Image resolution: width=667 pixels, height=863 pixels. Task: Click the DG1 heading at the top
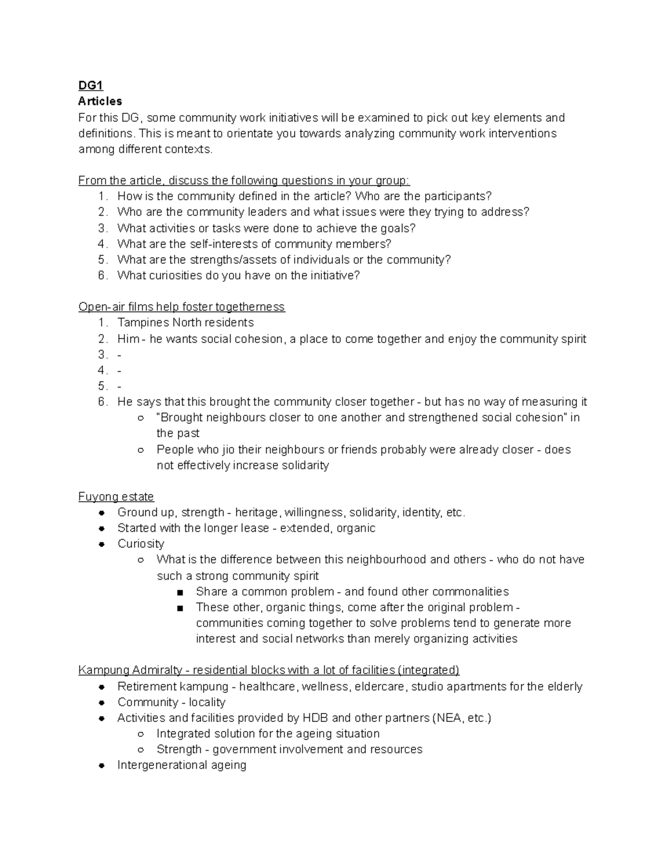(91, 86)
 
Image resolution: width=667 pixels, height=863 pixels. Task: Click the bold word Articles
(100, 101)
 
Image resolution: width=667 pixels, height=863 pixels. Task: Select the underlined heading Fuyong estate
(116, 496)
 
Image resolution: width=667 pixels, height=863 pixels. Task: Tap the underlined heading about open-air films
(181, 307)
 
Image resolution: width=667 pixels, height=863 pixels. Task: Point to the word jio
(228, 450)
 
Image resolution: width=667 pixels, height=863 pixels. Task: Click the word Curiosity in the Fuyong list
(141, 543)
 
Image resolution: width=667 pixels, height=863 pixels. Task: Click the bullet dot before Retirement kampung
(102, 687)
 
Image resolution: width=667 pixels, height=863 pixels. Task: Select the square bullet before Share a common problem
(180, 592)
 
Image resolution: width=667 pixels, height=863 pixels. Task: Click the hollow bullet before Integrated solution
(141, 734)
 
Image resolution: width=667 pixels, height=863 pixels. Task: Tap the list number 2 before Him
(102, 339)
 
